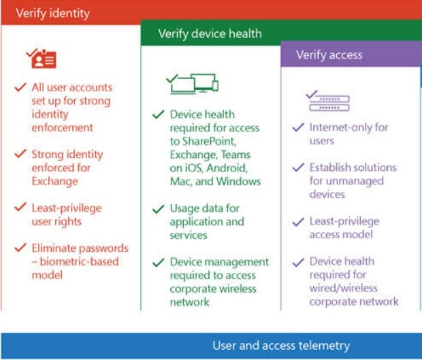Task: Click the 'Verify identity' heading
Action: coord(52,13)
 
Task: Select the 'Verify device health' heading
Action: coord(210,33)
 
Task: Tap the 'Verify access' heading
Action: coord(329,55)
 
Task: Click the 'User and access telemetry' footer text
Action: coord(281,346)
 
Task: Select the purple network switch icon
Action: coord(327,101)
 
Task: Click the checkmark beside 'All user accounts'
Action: coord(20,88)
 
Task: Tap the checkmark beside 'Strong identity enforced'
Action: coord(20,154)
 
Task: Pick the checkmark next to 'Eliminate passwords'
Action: coord(20,248)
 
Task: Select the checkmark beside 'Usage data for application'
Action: coord(159,209)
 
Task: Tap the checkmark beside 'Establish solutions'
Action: coord(297,167)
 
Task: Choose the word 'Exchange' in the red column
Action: coord(55,181)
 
